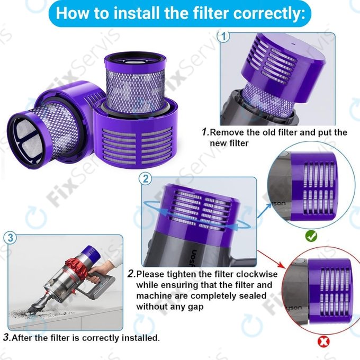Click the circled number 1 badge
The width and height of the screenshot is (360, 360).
click(x=224, y=37)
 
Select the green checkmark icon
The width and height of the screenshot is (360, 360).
click(x=312, y=236)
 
